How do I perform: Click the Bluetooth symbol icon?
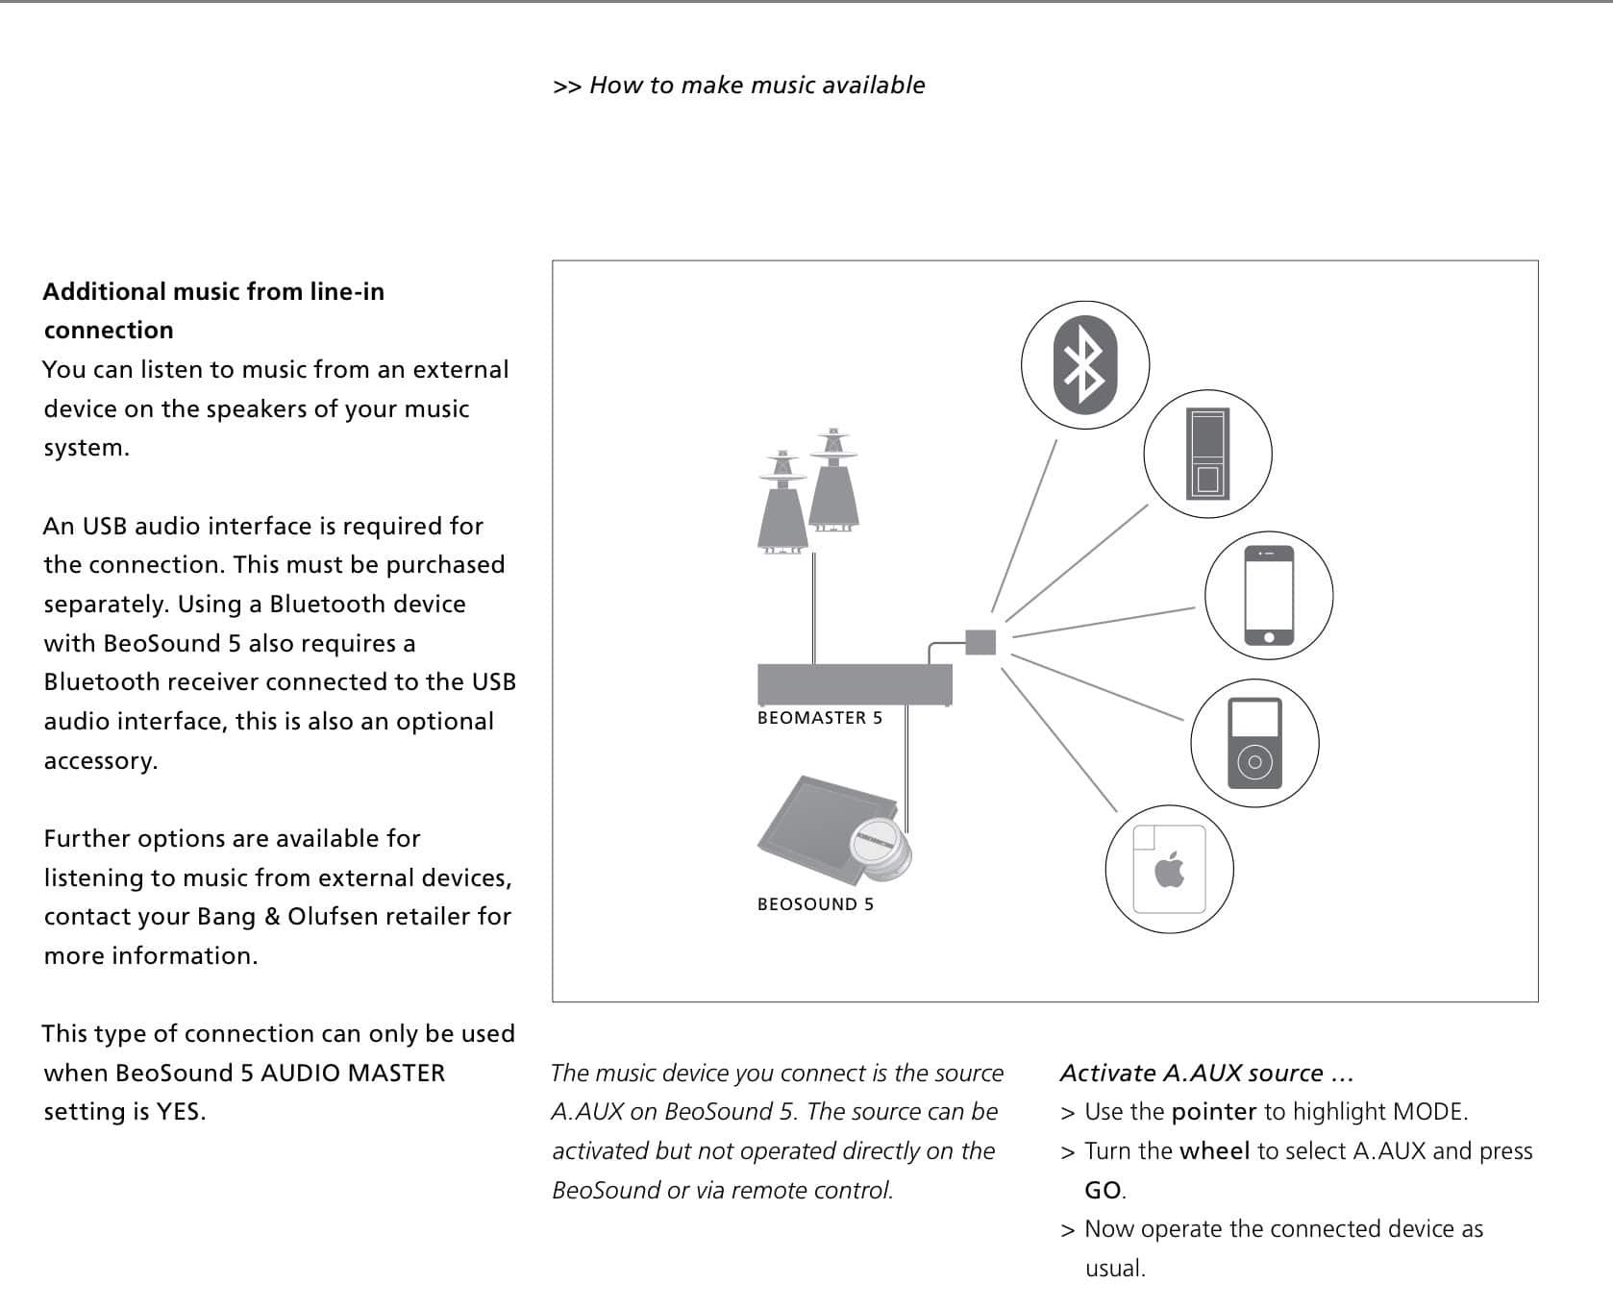click(1085, 363)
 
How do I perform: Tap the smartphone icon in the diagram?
click(1269, 596)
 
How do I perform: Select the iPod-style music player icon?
click(1254, 743)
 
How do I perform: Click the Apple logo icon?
click(1169, 870)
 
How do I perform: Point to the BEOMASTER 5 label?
click(819, 718)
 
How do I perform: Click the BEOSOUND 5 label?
click(815, 904)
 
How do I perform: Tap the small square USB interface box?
click(980, 642)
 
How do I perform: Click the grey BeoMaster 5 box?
click(855, 683)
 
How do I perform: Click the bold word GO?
click(1103, 1191)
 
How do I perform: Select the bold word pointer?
click(1214, 1112)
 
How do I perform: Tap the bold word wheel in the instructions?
click(1214, 1151)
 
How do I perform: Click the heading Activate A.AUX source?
click(1206, 1073)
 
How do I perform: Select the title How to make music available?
click(757, 86)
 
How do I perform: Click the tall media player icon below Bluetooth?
click(1207, 454)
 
